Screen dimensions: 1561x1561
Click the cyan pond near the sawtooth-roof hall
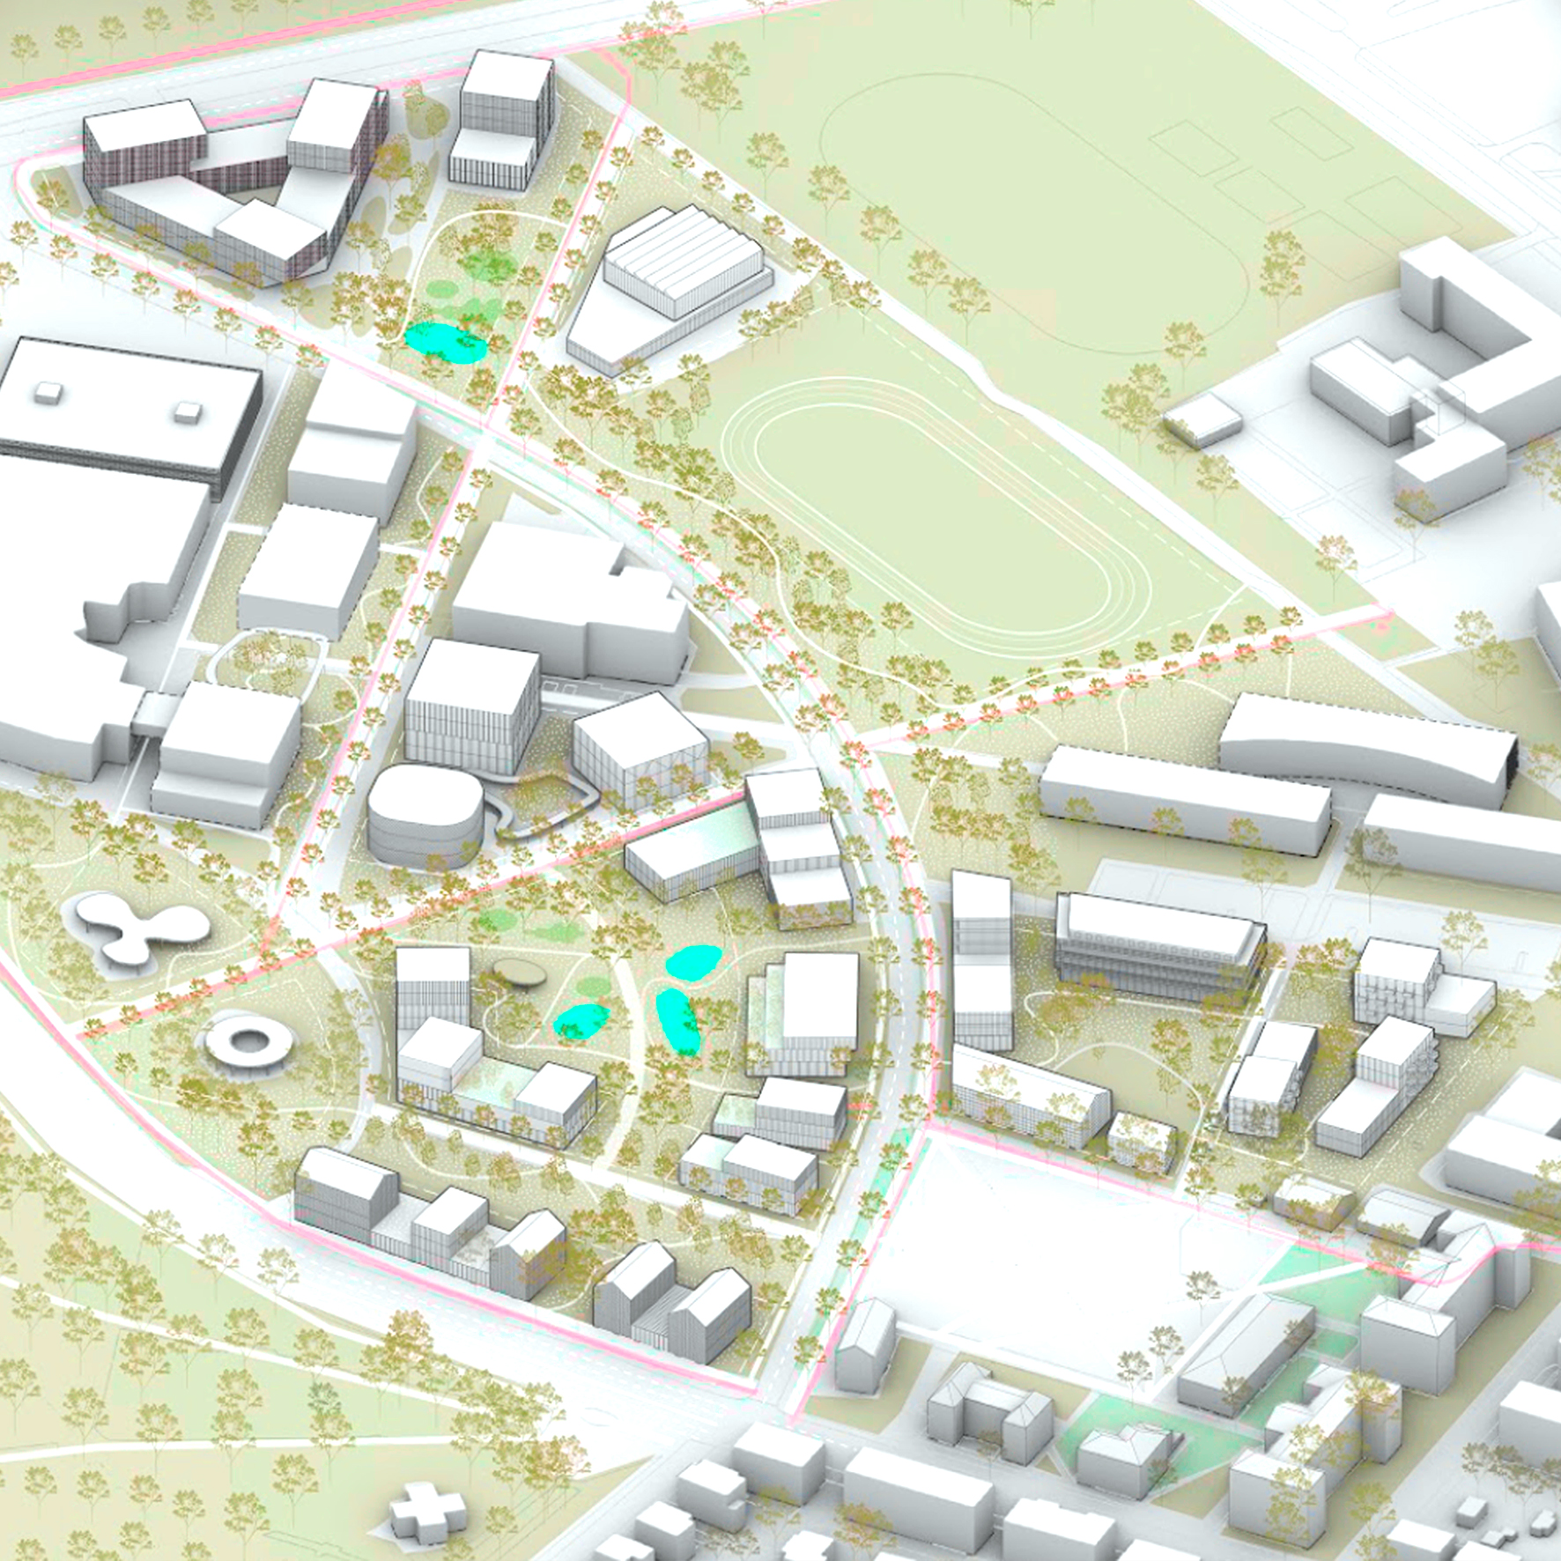(x=445, y=342)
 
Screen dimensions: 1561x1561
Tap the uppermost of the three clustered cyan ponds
(x=692, y=961)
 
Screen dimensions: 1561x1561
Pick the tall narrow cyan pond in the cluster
(x=678, y=1022)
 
